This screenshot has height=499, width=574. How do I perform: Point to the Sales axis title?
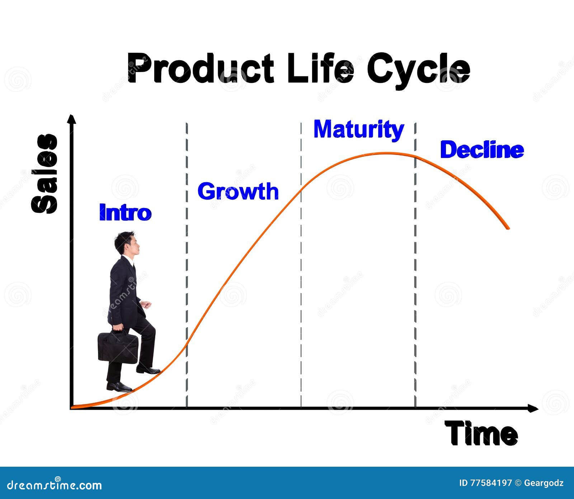[x=45, y=174]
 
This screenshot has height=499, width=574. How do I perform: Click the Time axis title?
[x=481, y=434]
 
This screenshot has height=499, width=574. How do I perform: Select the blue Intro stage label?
[x=125, y=212]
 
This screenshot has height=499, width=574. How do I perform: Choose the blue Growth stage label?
[x=238, y=191]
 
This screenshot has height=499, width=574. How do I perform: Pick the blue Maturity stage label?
[x=359, y=130]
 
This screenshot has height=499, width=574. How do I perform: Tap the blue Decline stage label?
[x=481, y=150]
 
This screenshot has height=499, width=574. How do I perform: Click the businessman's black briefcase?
[x=118, y=348]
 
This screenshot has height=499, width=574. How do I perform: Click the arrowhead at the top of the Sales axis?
[x=72, y=119]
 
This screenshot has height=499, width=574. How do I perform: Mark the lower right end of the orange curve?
[x=507, y=227]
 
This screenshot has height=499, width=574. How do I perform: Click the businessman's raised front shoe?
[x=148, y=369]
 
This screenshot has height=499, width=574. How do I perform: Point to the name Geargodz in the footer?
[x=544, y=483]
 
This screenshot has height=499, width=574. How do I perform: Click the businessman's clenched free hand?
[x=146, y=305]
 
